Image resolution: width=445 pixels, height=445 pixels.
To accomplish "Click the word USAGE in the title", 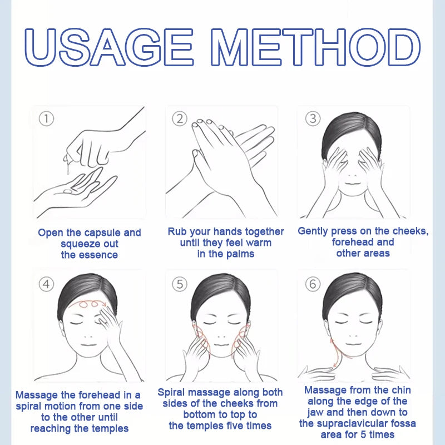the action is point(109,47).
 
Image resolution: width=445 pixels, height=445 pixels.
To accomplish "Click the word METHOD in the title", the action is point(315,47).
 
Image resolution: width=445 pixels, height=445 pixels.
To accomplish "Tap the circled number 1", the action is point(46,118).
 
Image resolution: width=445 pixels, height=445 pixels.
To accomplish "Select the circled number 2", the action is point(180,118).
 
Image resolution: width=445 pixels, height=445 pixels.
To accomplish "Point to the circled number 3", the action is point(313,118).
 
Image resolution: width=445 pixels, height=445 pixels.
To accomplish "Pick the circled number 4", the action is point(46,284).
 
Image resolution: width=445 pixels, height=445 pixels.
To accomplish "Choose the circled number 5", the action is point(180,284).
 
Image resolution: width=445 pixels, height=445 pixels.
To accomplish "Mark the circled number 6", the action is point(313,284).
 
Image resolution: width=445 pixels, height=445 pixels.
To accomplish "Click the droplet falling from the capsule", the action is point(68,170).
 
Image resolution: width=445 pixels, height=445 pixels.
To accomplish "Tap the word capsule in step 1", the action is point(102,233).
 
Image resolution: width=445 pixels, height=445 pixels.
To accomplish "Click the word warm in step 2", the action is point(259,243).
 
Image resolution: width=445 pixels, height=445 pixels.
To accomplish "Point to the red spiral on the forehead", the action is point(88,304).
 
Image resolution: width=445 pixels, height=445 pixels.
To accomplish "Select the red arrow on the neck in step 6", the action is point(334,353).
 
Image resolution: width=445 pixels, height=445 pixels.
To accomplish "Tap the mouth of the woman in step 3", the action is point(353,184).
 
